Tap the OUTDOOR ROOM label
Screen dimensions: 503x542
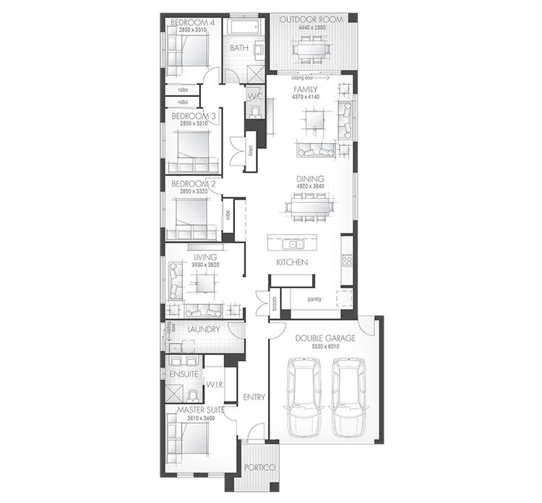pyautogui.click(x=312, y=19)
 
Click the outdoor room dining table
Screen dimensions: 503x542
pyautogui.click(x=312, y=49)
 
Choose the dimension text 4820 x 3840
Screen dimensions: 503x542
pyautogui.click(x=309, y=187)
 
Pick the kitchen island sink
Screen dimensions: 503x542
pyautogui.click(x=293, y=242)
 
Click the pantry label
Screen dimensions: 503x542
pyautogui.click(x=314, y=298)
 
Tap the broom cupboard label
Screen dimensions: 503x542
pyautogui.click(x=274, y=303)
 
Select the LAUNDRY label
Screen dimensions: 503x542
pyautogui.click(x=203, y=330)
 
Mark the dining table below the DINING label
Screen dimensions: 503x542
pyautogui.click(x=309, y=207)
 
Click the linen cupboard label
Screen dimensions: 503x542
pyautogui.click(x=250, y=152)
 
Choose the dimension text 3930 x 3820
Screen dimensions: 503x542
pyautogui.click(x=205, y=265)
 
